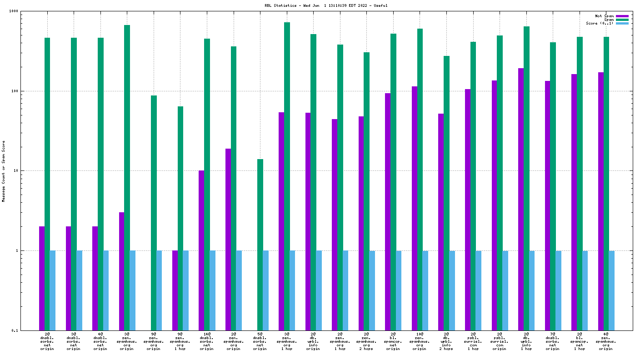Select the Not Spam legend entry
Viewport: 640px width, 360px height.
pyautogui.click(x=604, y=16)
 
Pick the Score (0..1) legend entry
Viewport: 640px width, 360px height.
pyautogui.click(x=600, y=23)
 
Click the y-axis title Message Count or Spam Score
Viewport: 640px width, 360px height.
pyautogui.click(x=4, y=171)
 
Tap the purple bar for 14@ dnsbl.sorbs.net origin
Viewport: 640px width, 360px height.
pyautogui.click(x=201, y=250)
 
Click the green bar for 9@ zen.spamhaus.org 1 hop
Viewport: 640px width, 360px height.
pyautogui.click(x=180, y=218)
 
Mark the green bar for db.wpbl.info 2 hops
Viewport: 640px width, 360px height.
pyautogui.click(x=446, y=193)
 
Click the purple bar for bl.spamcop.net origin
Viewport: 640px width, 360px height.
pyautogui.click(x=388, y=211)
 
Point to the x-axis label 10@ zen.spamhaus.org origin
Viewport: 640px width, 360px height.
pyautogui.click(x=420, y=341)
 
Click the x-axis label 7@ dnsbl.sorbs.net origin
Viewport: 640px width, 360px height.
pyautogui.click(x=553, y=341)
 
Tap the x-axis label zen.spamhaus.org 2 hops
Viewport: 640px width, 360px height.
pyautogui.click(x=366, y=341)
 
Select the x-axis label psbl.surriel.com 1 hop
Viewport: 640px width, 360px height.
pyautogui.click(x=473, y=341)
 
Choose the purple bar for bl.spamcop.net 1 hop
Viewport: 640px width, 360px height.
pyautogui.click(x=574, y=202)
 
